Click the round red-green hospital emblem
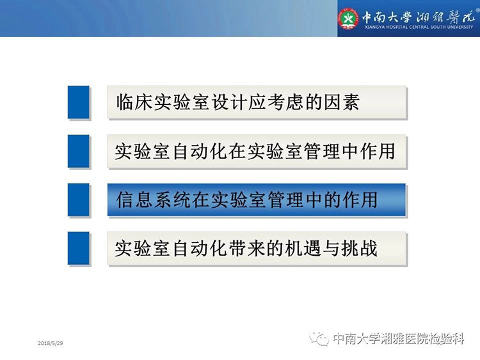click(348, 19)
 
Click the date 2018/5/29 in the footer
click(51, 343)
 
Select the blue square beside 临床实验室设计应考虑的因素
click(79, 102)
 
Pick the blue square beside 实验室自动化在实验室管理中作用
click(79, 151)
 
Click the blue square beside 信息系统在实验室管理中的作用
click(79, 200)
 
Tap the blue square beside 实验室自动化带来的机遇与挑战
click(79, 248)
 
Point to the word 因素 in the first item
click(342, 102)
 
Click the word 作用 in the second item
click(378, 151)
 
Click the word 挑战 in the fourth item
click(360, 248)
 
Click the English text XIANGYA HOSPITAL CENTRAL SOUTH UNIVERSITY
click(419, 27)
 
